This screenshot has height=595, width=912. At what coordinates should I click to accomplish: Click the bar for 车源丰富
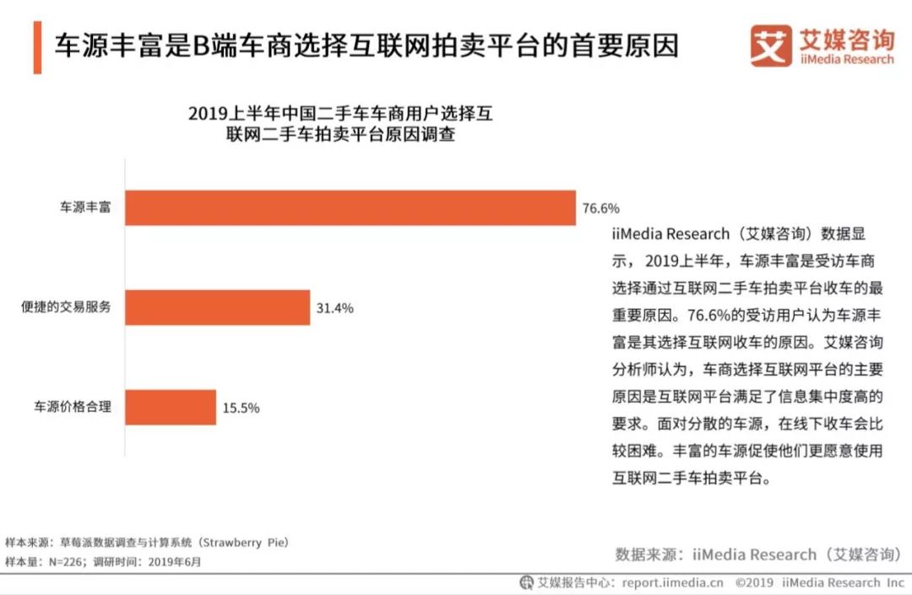click(350, 208)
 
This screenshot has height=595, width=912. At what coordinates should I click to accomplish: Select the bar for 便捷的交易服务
click(217, 308)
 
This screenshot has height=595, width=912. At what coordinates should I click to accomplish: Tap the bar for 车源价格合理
click(171, 408)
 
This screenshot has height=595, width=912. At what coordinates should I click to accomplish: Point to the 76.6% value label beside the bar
click(601, 208)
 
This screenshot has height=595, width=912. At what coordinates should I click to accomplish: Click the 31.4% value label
click(334, 308)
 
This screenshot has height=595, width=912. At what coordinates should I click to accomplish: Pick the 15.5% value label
click(241, 408)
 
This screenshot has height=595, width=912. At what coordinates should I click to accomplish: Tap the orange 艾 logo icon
click(771, 46)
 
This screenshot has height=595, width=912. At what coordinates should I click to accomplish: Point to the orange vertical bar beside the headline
click(37, 47)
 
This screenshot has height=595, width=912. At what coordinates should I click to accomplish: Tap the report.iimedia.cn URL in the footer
click(673, 582)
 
